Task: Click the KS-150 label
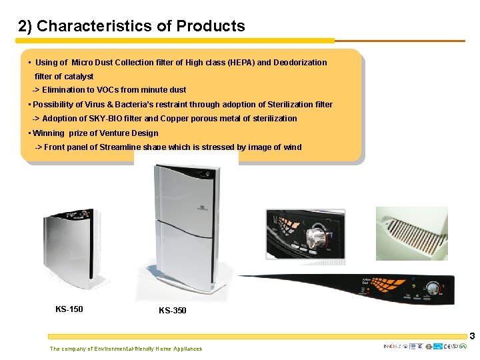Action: point(69,309)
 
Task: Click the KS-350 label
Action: point(173,311)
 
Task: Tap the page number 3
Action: point(471,337)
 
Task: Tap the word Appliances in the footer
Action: point(187,349)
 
